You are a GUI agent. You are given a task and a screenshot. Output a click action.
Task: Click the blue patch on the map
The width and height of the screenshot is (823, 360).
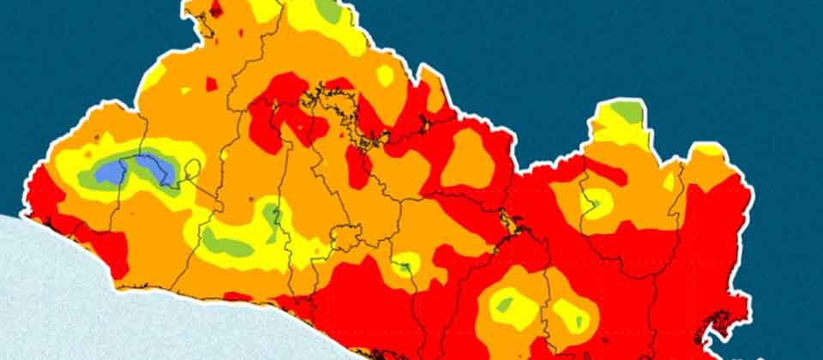(110, 172)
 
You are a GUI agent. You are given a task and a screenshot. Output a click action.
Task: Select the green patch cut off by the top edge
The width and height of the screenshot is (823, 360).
(327, 9)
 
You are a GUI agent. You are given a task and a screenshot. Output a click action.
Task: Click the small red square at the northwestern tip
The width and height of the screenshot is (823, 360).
(216, 9)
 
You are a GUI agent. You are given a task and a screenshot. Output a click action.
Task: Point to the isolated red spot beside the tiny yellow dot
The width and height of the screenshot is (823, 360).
(212, 83)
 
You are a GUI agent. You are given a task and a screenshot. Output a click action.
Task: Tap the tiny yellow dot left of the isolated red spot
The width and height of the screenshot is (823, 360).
(185, 89)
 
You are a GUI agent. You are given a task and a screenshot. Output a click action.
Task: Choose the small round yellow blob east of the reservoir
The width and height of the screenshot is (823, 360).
(385, 75)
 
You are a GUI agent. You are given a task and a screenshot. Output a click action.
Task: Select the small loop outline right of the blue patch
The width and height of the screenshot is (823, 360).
(194, 168)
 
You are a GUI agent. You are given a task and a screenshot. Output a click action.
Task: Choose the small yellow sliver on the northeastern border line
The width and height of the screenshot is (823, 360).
(669, 181)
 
